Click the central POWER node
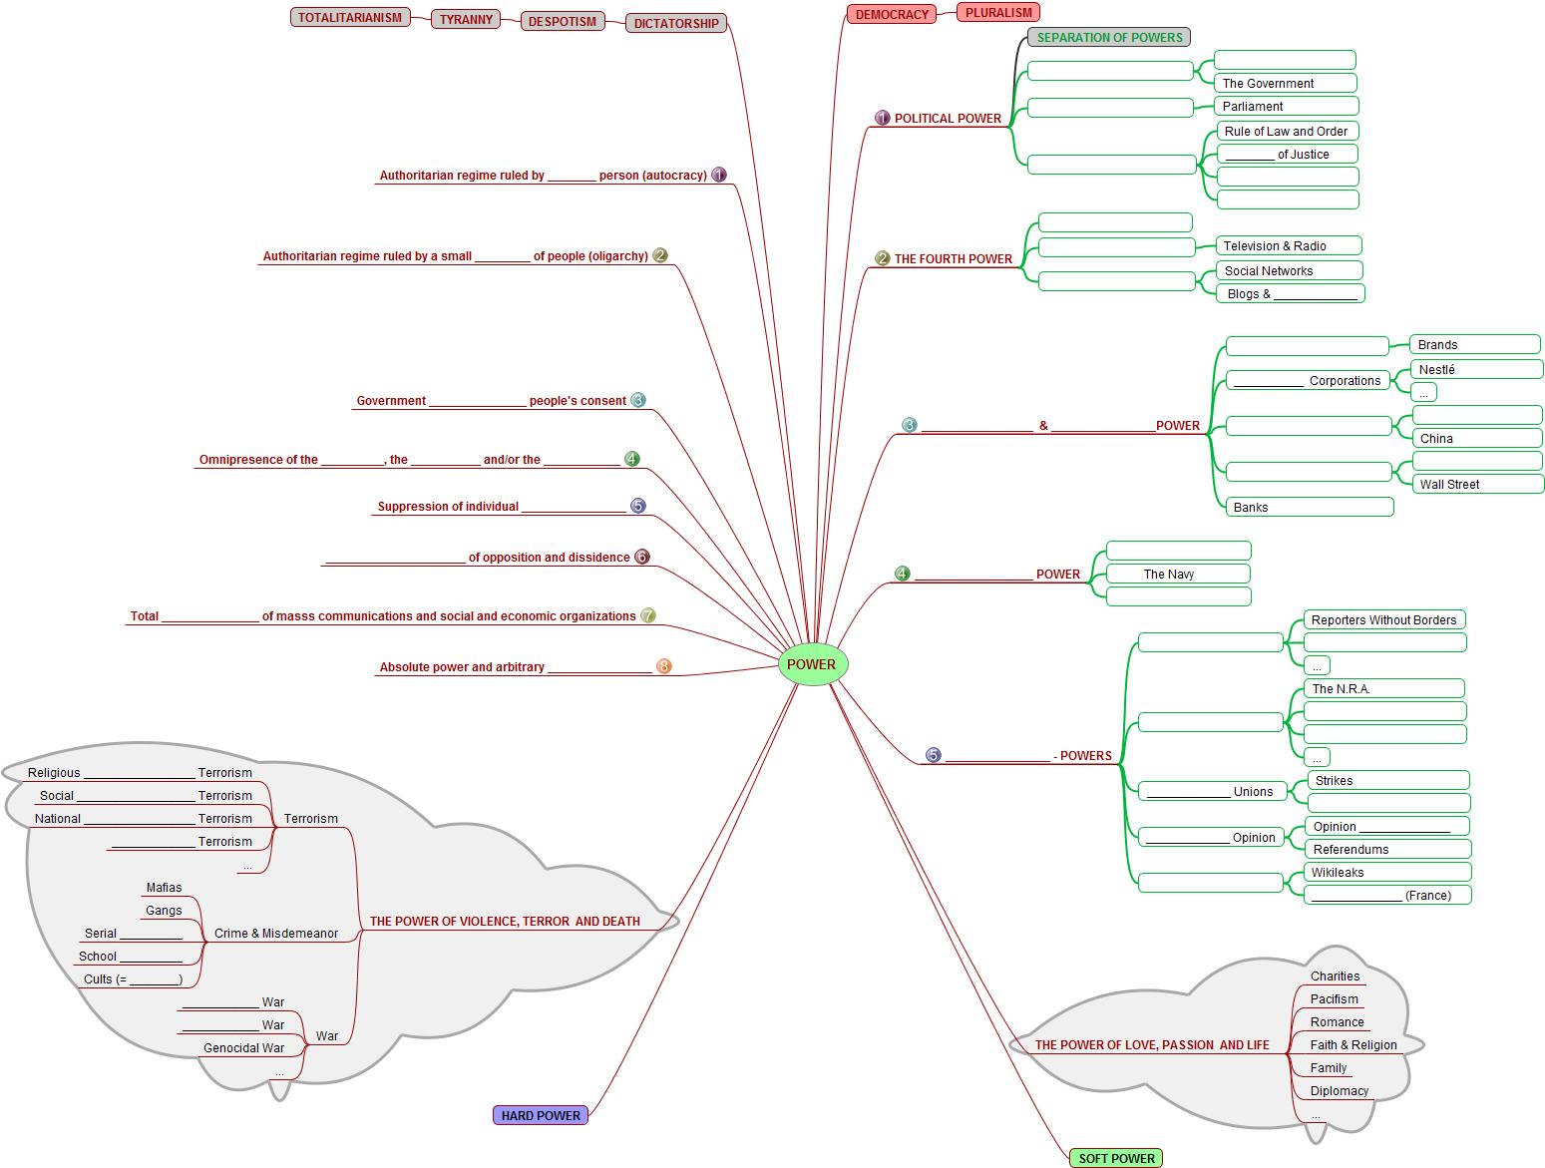point(812,665)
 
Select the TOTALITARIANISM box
point(350,17)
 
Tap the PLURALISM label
point(998,13)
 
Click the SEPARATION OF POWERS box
point(1109,38)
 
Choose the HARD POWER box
point(541,1115)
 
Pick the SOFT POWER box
point(1116,1158)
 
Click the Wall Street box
point(1477,485)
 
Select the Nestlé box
point(1476,370)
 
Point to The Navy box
point(1178,575)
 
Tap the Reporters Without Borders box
point(1383,620)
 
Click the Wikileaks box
point(1386,873)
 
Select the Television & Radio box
point(1289,246)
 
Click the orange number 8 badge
point(664,666)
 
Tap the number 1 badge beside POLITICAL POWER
point(882,118)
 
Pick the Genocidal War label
point(243,1048)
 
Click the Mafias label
point(164,888)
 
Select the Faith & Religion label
point(1353,1045)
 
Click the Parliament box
point(1287,107)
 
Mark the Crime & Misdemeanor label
point(276,934)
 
